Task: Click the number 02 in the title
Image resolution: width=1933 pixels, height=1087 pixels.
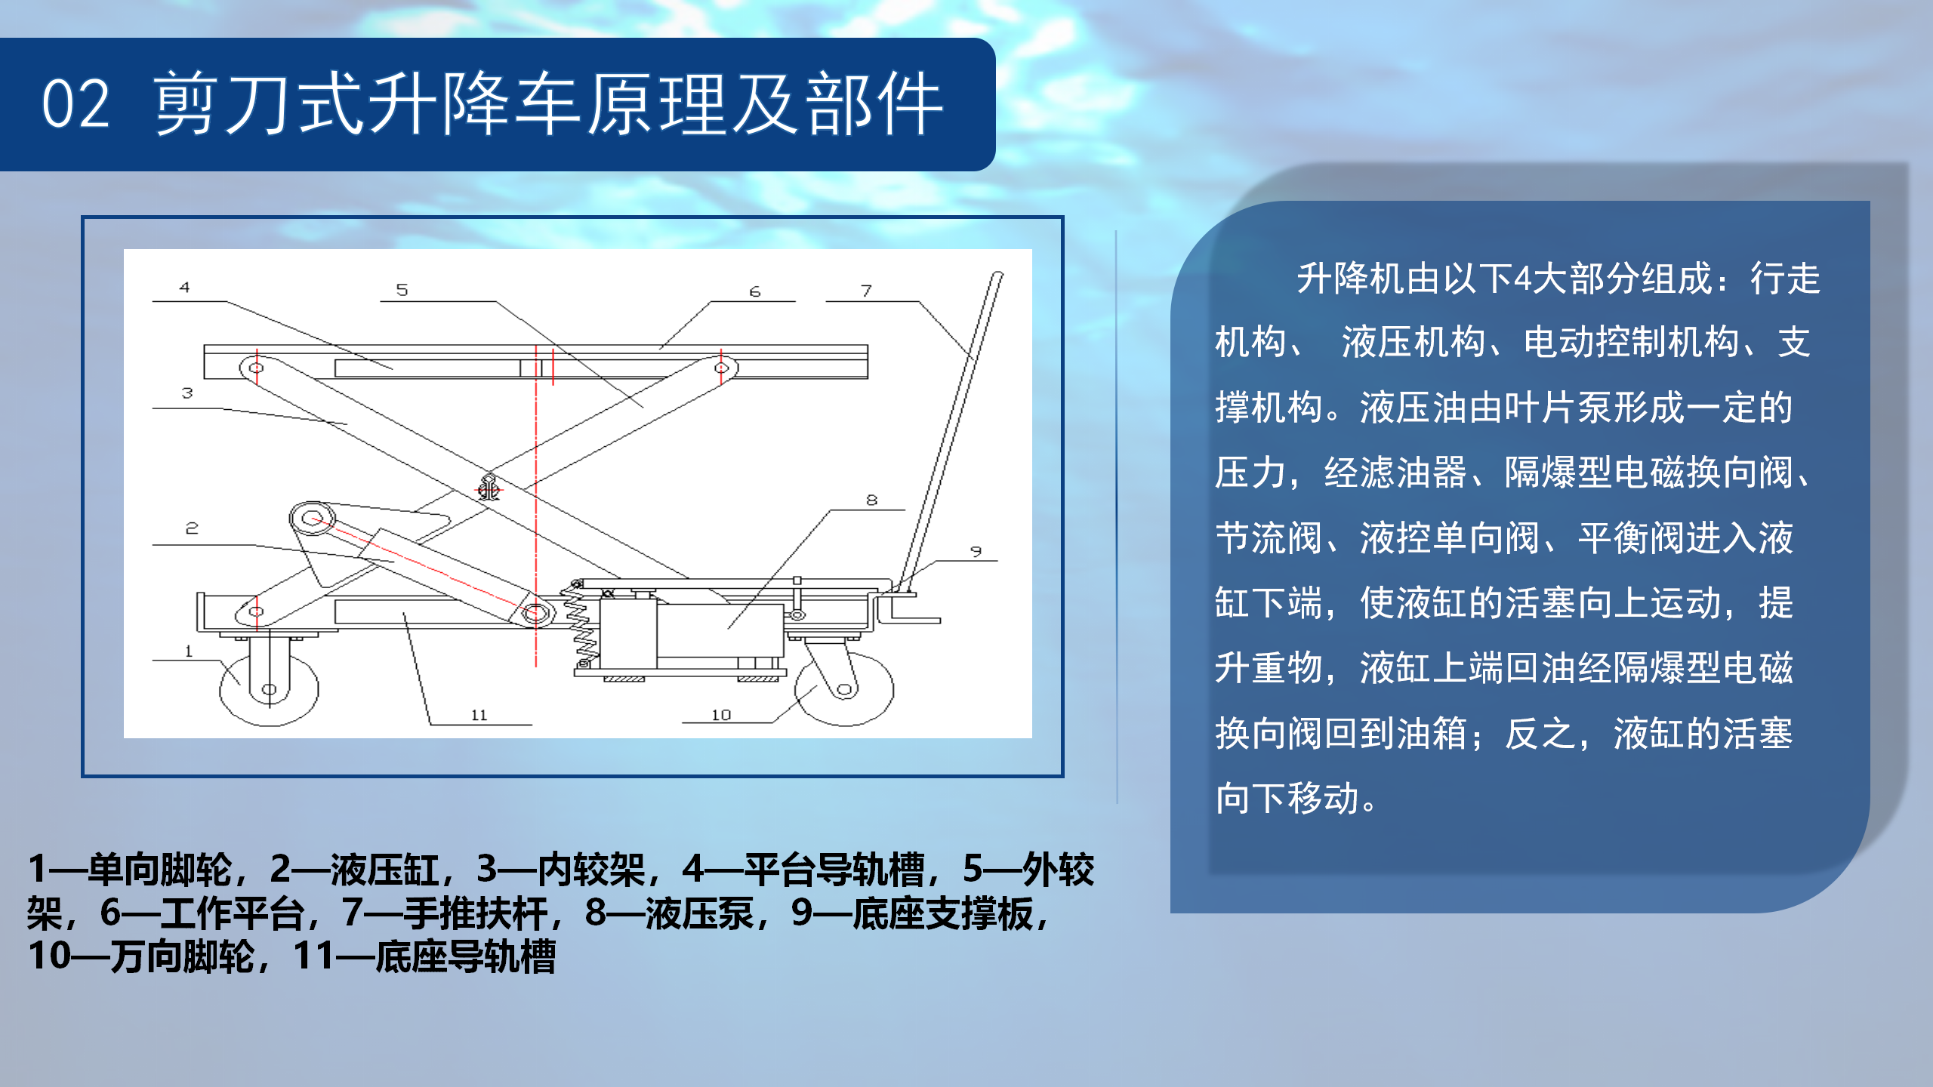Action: pos(76,104)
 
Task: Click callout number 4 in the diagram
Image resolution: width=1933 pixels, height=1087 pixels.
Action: pos(184,287)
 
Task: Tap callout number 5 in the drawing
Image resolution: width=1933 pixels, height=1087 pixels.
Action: pos(402,290)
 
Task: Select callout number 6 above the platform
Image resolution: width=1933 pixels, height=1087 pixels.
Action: pos(755,291)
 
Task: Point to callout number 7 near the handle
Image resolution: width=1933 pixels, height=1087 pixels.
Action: pos(866,291)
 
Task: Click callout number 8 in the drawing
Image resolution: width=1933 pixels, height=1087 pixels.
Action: pos(872,500)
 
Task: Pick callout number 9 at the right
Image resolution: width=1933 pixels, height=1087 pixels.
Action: pos(976,551)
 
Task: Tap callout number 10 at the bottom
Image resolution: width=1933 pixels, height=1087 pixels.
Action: pos(721,714)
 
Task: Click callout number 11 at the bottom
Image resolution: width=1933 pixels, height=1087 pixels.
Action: pos(479,715)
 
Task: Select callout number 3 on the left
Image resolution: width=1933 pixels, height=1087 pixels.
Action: pos(187,393)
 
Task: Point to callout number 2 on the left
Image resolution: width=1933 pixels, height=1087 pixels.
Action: pos(192,528)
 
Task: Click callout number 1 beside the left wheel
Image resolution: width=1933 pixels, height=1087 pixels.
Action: pos(189,651)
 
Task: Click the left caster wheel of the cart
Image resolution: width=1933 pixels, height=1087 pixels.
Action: pos(269,688)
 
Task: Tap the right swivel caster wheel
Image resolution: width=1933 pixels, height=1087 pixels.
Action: pos(845,688)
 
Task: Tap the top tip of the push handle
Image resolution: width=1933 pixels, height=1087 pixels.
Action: pos(997,275)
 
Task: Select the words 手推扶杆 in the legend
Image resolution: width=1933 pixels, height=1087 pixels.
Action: pos(476,913)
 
